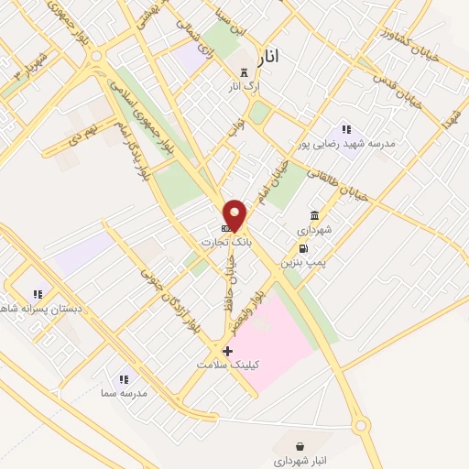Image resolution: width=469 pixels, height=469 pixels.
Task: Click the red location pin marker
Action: pyautogui.click(x=235, y=215)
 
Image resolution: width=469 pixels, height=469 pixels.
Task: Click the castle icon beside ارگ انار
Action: pyautogui.click(x=243, y=72)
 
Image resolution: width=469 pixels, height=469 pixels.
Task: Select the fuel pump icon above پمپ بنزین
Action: pyautogui.click(x=302, y=247)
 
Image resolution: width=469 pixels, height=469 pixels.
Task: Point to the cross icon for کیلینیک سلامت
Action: pyautogui.click(x=227, y=350)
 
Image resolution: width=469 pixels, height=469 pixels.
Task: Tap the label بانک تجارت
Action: pyautogui.click(x=225, y=242)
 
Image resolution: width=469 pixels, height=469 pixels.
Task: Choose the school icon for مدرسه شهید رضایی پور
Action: pyautogui.click(x=345, y=130)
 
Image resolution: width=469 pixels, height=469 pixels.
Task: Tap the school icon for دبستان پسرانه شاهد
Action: pyautogui.click(x=38, y=294)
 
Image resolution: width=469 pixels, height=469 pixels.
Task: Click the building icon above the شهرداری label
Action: pyautogui.click(x=314, y=214)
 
